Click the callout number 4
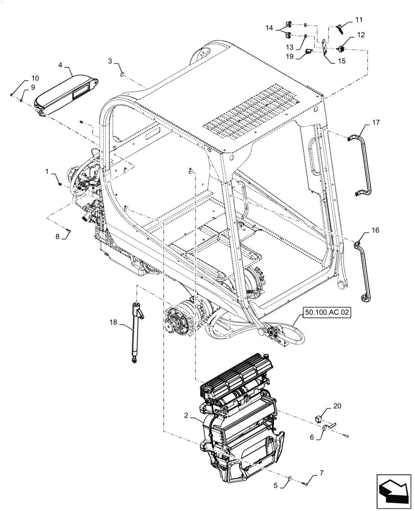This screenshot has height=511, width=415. click(60, 65)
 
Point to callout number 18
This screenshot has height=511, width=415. click(113, 322)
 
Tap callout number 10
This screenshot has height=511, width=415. click(35, 78)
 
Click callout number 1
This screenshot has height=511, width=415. click(47, 173)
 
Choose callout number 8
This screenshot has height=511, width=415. click(58, 236)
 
